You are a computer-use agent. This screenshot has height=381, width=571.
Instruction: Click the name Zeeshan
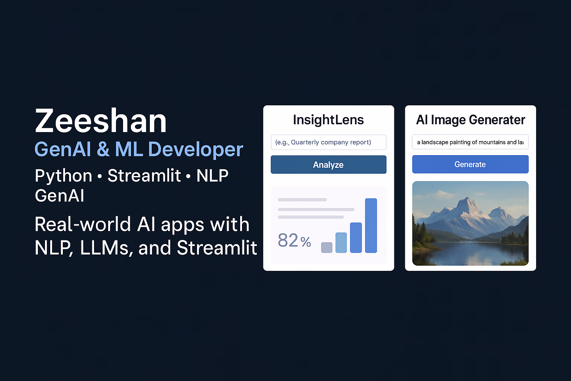(x=101, y=121)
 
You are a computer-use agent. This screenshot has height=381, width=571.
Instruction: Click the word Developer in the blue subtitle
(x=196, y=149)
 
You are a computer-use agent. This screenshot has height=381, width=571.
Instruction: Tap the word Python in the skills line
(x=64, y=176)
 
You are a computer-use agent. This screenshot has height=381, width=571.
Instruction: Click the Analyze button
(x=328, y=164)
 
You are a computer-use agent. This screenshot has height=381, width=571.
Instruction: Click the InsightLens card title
(x=328, y=120)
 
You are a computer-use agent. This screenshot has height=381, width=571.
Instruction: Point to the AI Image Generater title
(x=470, y=120)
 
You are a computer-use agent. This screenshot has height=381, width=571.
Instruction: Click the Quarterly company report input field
(x=328, y=142)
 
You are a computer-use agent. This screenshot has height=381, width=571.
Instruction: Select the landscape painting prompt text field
(x=470, y=142)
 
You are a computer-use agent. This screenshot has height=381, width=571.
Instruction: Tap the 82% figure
(x=294, y=240)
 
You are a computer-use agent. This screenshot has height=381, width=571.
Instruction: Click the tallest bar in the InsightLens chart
(x=371, y=225)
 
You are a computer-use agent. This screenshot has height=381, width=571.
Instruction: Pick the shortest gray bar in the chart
(x=326, y=247)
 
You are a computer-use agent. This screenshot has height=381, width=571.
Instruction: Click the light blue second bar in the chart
(x=341, y=243)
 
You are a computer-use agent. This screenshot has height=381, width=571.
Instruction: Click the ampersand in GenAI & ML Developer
(x=103, y=149)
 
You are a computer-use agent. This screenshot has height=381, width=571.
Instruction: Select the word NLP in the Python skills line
(x=212, y=176)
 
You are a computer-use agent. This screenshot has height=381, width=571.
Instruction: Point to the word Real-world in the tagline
(x=83, y=224)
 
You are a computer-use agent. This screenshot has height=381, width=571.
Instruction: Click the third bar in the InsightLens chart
(x=356, y=238)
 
